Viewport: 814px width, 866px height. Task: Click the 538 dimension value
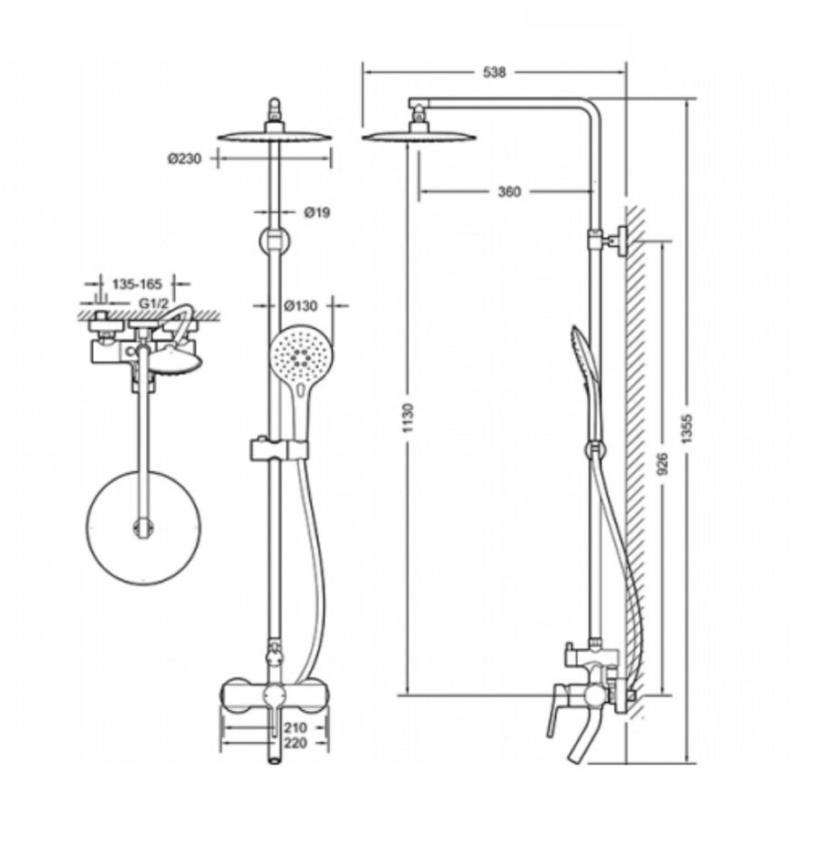pos(494,72)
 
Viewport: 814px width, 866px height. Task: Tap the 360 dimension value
pos(509,191)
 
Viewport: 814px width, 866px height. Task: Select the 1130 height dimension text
pos(408,418)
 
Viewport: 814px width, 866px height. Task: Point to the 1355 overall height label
pos(686,428)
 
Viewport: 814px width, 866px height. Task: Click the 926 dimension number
pos(663,463)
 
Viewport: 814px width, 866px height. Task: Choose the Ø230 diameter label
pos(185,159)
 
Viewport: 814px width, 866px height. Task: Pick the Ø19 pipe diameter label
pos(317,211)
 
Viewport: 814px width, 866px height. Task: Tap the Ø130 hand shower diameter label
pos(301,304)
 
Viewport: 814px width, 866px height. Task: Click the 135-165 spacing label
pos(137,284)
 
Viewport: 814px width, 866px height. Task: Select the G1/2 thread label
pos(152,303)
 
